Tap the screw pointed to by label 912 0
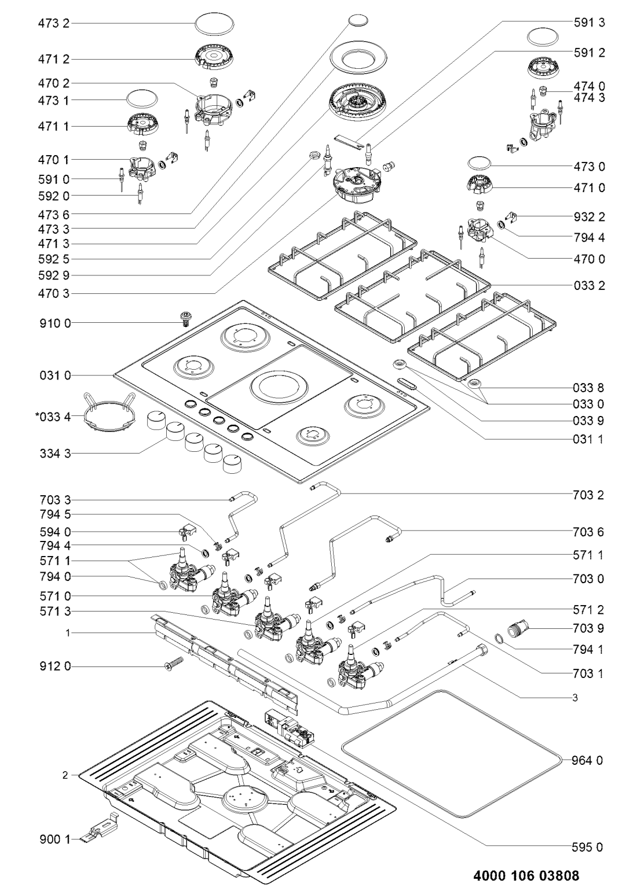(x=173, y=665)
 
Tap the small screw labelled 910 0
(x=186, y=318)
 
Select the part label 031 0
(x=58, y=376)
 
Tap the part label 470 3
(x=58, y=294)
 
